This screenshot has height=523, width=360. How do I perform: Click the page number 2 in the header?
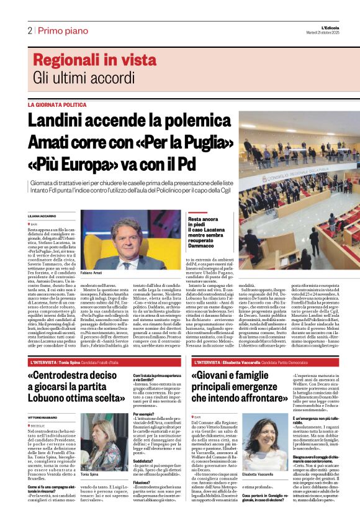(x=29, y=30)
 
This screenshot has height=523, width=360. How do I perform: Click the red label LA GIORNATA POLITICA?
(x=57, y=105)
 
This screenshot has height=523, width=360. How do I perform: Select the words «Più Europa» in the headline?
(x=73, y=165)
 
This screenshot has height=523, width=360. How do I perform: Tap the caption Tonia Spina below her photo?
(x=89, y=475)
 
